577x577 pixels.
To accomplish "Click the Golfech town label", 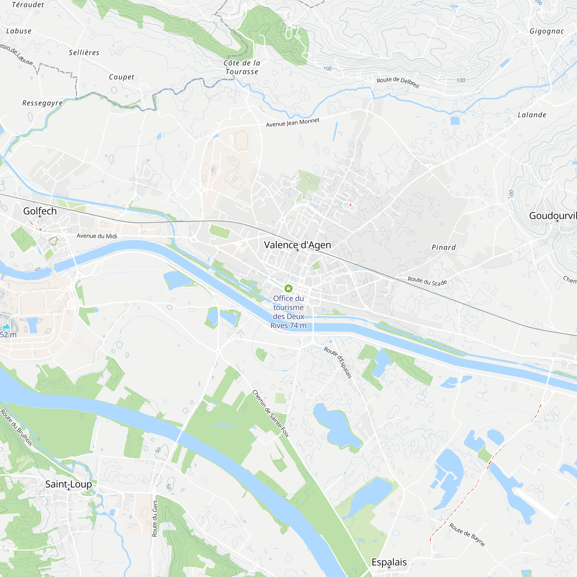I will (x=40, y=211).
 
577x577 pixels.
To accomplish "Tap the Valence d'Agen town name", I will (x=297, y=245).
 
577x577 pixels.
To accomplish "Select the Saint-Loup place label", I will (x=68, y=484).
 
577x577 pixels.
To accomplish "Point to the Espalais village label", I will (x=389, y=562).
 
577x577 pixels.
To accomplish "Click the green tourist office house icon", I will (x=288, y=288).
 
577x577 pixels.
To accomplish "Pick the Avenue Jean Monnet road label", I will (x=293, y=122).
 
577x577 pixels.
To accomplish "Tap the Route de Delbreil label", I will (x=398, y=82).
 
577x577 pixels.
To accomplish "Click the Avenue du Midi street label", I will (x=97, y=236).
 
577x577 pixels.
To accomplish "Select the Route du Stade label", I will (x=427, y=281).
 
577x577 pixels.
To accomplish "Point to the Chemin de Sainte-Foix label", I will (x=271, y=414).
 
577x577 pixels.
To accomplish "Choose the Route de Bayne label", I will (x=467, y=535).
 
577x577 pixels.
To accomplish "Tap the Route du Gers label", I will (x=155, y=518).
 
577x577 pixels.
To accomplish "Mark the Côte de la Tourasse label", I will (x=242, y=67).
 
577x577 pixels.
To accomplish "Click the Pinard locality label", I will (x=443, y=247).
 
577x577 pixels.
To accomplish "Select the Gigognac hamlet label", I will (x=546, y=31).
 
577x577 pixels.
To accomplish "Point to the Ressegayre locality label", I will (x=42, y=103).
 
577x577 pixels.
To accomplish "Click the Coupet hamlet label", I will (x=121, y=77).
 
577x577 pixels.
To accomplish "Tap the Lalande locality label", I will (x=532, y=115).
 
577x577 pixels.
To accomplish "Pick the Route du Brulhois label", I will (x=16, y=427).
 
